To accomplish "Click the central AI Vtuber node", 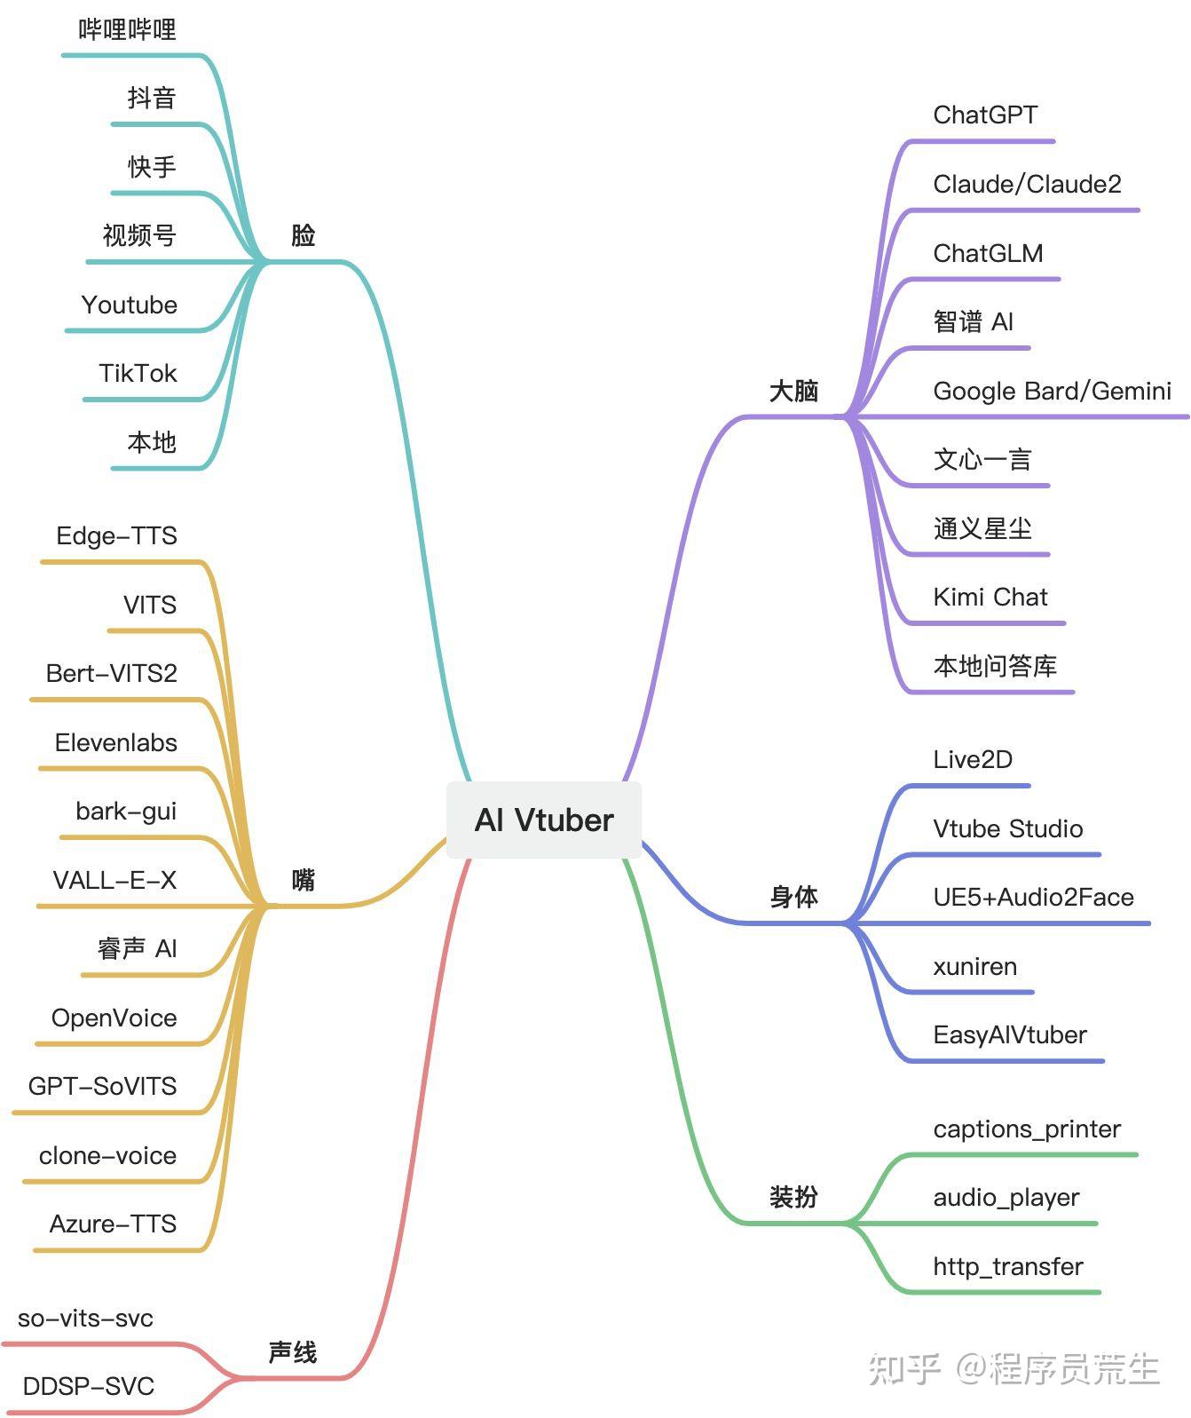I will (544, 820).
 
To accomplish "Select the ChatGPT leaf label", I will (985, 115).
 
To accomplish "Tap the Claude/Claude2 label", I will (1027, 184).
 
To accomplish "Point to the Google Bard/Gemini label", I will (1052, 391).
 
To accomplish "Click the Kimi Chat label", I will (990, 597).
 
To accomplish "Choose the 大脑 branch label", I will (793, 391).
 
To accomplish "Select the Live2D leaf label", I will (973, 759).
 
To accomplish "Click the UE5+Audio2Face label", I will (1033, 897).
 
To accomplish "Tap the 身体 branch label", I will (793, 897).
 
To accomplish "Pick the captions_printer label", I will (1027, 1129).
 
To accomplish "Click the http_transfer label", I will (1008, 1266).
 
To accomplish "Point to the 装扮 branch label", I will (793, 1197).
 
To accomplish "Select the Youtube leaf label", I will (130, 305).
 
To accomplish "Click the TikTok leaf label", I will (138, 373).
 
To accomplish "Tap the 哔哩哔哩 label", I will (128, 30).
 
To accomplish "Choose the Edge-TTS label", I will (116, 535).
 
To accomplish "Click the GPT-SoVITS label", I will (102, 1086).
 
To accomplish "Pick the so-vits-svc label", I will (85, 1318).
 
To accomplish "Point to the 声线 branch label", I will (292, 1352).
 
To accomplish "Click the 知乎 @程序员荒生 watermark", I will (1014, 1368).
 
